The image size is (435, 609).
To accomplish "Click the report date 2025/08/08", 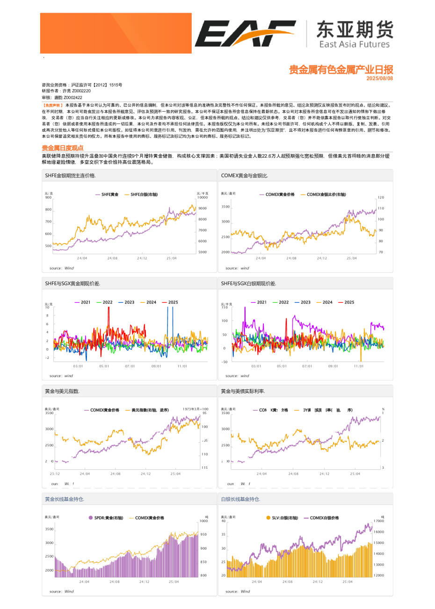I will coord(379,79).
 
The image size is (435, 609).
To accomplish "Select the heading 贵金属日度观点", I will coord(63,148).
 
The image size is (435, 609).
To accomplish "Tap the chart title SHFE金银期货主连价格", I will coord(70,176).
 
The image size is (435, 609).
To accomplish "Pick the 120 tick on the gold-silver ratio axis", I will coord(381,198).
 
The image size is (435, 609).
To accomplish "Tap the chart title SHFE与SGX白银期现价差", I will coord(248,284).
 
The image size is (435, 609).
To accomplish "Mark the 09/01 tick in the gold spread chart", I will coord(156,366).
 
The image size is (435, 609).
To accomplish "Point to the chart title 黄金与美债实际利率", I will coord(243,391).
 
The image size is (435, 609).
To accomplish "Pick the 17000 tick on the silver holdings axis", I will coord(379,521).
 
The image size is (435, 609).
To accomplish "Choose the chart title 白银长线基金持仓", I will coord(240,499).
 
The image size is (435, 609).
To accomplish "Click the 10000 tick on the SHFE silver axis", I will coord(202,198).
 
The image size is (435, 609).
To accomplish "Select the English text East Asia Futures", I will coord(354,44).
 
